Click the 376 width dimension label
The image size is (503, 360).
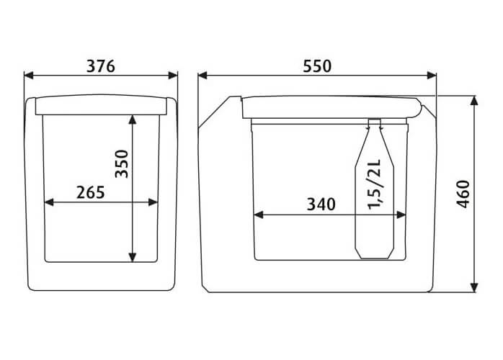pyautogui.click(x=101, y=66)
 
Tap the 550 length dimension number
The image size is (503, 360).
pyautogui.click(x=317, y=66)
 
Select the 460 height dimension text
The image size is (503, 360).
pyautogui.click(x=463, y=194)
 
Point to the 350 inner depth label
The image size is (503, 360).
pyautogui.click(x=122, y=164)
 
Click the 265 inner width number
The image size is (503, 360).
pyautogui.click(x=91, y=192)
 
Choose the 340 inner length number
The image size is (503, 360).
pyautogui.click(x=321, y=204)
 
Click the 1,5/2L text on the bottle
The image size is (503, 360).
pyautogui.click(x=374, y=184)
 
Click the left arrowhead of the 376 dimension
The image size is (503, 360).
pyautogui.click(x=29, y=76)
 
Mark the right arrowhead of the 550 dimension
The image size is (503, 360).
pyautogui.click(x=432, y=76)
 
